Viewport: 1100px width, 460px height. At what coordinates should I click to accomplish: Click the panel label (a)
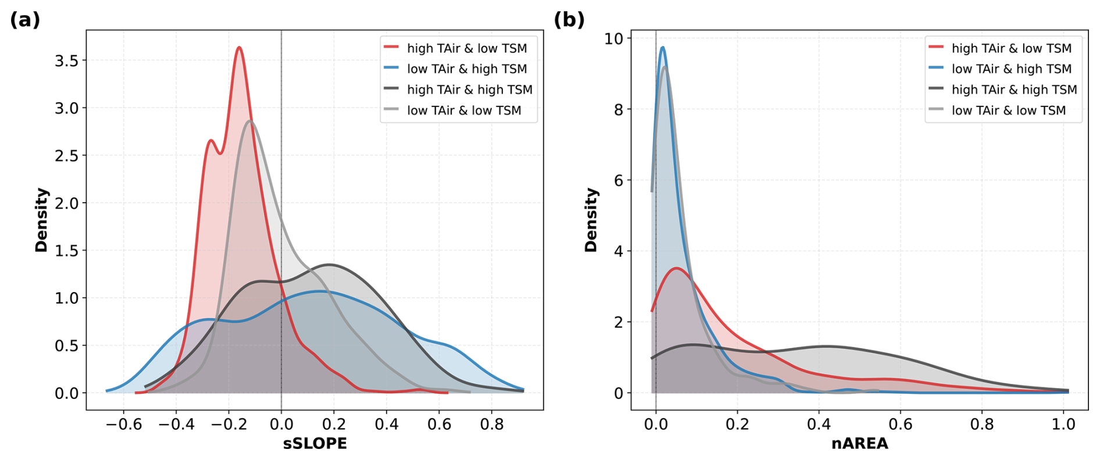[25, 20]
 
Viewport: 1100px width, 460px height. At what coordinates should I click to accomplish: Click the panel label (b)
[569, 20]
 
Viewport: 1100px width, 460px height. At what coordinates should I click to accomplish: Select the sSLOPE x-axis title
[315, 444]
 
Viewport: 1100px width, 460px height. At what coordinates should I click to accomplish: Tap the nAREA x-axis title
[859, 444]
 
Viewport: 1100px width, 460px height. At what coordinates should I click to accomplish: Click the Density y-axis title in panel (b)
[591, 220]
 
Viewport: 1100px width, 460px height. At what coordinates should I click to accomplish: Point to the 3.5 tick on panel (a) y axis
[66, 60]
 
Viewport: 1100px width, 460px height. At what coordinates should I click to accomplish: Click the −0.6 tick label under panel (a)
[123, 425]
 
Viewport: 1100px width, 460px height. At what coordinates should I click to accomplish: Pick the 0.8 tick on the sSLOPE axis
[492, 425]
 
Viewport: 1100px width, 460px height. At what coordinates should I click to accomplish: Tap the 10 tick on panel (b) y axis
[613, 39]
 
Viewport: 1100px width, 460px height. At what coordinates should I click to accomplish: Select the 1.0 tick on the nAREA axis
[1063, 425]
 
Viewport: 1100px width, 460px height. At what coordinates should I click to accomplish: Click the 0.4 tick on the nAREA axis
[819, 425]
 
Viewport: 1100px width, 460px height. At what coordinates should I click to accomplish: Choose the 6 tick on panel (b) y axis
[618, 181]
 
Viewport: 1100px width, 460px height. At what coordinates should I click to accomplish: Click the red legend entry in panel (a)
[455, 48]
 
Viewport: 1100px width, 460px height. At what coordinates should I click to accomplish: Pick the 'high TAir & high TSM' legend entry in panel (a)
[458, 89]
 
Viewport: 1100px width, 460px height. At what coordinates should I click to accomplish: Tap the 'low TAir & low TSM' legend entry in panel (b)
[997, 110]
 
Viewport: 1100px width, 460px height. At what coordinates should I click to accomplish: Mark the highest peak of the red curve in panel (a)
[239, 48]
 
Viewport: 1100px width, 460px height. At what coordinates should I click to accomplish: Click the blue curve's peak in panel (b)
[662, 48]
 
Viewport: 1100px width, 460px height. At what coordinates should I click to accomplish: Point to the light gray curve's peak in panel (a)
[250, 121]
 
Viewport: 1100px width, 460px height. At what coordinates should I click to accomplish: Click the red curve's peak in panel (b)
[676, 268]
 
